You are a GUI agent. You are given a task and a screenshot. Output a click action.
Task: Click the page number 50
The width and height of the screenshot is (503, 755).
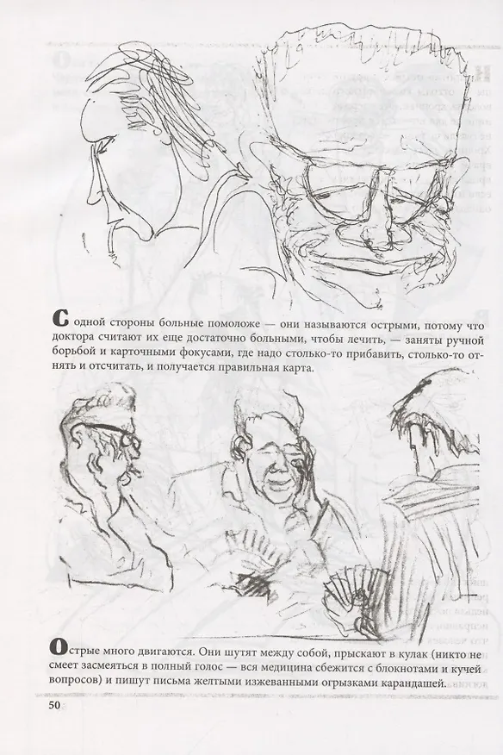point(51,706)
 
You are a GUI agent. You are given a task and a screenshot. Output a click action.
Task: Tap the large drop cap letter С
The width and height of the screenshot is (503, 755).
point(58,319)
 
